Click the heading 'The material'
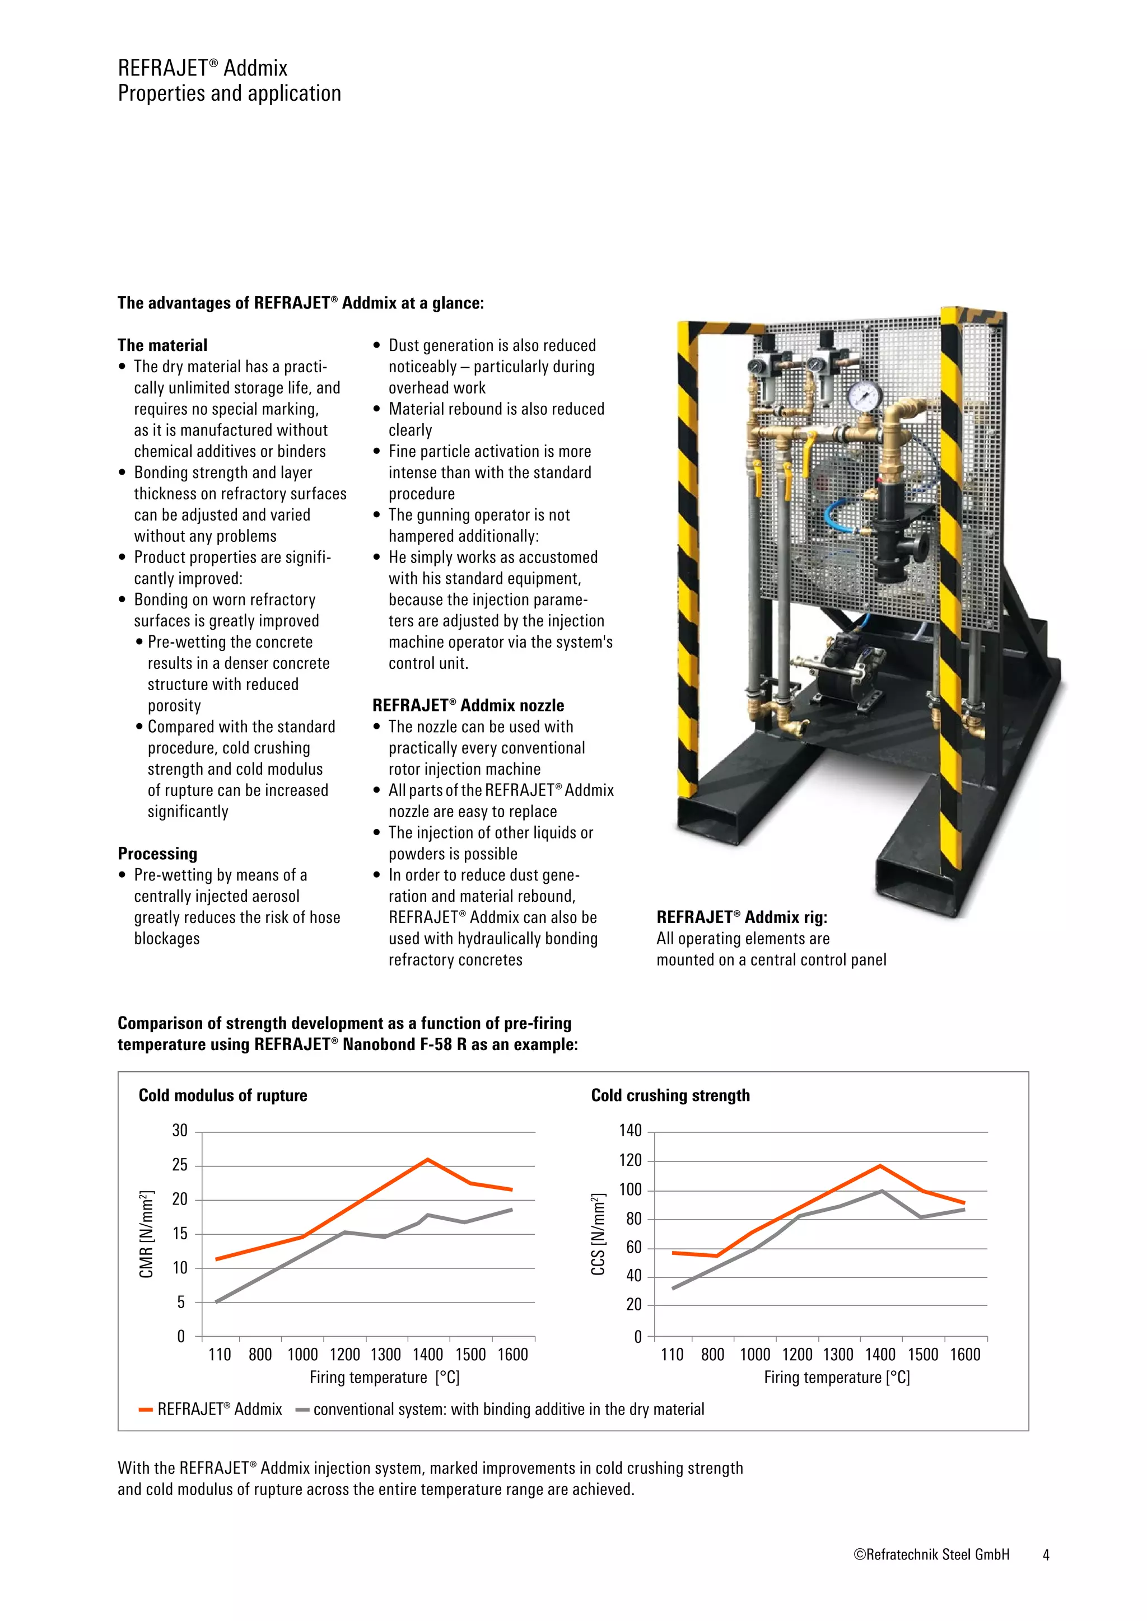click(x=162, y=345)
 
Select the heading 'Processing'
click(x=157, y=854)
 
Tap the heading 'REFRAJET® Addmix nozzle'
click(x=468, y=705)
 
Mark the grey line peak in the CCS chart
click(x=882, y=1191)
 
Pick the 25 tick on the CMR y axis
click(x=180, y=1165)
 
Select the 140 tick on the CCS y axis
click(x=630, y=1131)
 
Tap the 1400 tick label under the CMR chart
click(x=428, y=1354)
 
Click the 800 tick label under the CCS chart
click(x=712, y=1354)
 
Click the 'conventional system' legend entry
click(x=500, y=1409)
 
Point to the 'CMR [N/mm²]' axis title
click(x=146, y=1234)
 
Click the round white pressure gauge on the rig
click(x=861, y=396)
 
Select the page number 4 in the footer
click(x=1046, y=1554)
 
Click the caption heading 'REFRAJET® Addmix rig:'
click(x=742, y=917)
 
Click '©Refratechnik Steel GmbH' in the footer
click(x=931, y=1554)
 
